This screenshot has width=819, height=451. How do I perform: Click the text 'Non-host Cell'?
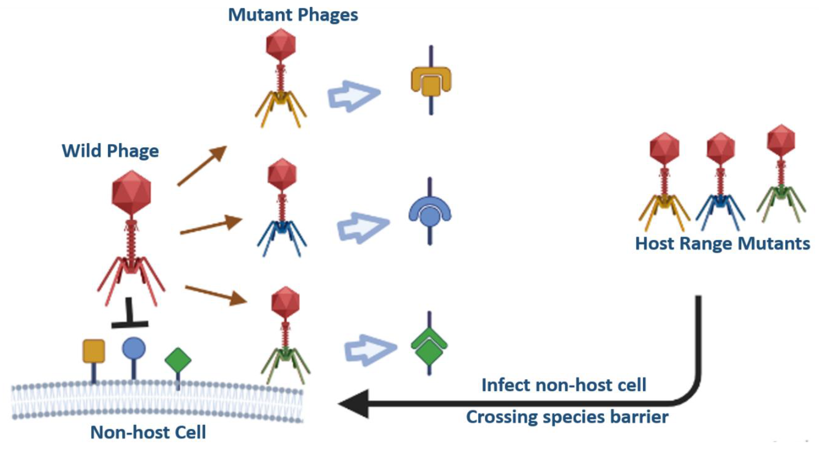[x=148, y=432]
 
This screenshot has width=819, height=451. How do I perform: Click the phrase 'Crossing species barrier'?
[x=567, y=417]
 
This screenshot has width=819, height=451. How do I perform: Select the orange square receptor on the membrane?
[x=94, y=351]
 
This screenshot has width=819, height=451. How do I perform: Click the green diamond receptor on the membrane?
[x=178, y=360]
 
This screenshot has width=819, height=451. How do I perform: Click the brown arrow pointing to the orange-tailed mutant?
[x=202, y=166]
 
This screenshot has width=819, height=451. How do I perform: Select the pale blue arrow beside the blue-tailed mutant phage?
[x=363, y=228]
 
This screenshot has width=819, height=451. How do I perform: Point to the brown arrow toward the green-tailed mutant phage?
[x=216, y=295]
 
